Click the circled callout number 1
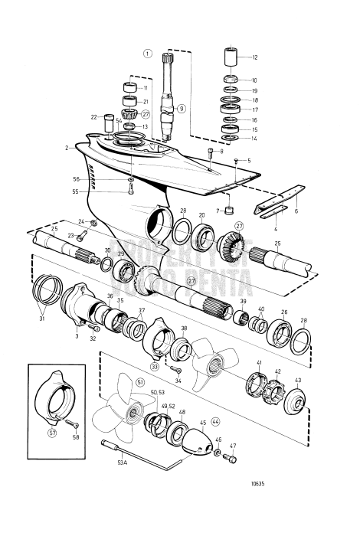[x=148, y=54]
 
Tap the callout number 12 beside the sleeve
[x=255, y=58]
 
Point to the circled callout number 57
[x=52, y=432]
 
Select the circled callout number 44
[x=215, y=421]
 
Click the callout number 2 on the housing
[x=67, y=148]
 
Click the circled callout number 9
[x=182, y=109]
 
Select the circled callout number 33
[x=154, y=367]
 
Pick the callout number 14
[x=255, y=139]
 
